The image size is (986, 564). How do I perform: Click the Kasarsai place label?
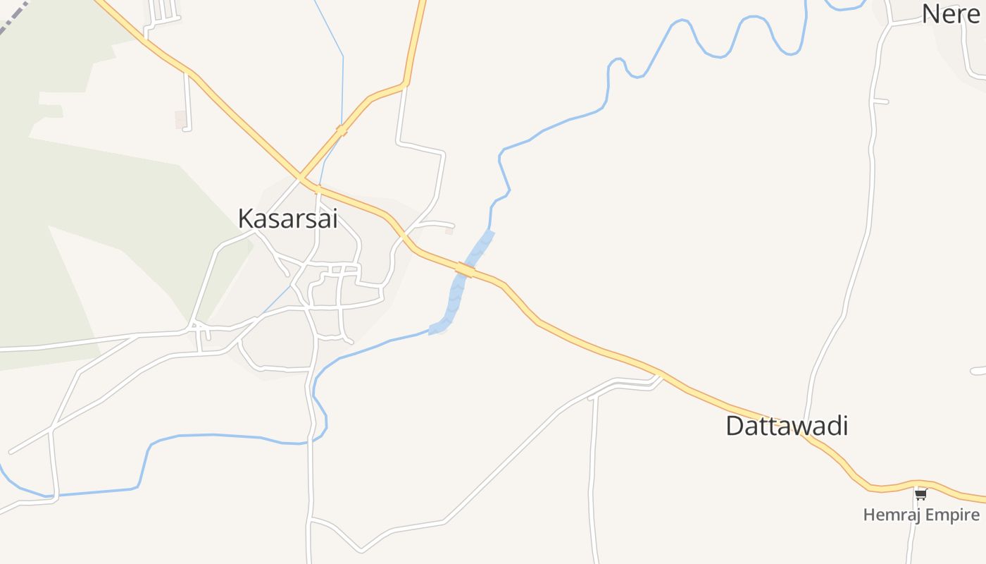pos(287,219)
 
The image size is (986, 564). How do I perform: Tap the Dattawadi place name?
pos(787,426)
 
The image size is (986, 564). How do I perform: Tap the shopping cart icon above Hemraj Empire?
pos(921,494)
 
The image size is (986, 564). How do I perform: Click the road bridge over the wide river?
pos(466,269)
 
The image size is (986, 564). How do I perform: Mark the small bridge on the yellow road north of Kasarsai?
pos(342,131)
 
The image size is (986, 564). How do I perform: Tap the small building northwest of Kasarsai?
pos(181,119)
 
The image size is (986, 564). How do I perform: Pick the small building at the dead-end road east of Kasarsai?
pos(449,231)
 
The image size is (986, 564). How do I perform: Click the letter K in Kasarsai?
pos(246,219)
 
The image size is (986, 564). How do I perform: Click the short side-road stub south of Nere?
pos(880,102)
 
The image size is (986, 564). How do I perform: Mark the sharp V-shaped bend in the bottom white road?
pos(361,549)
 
